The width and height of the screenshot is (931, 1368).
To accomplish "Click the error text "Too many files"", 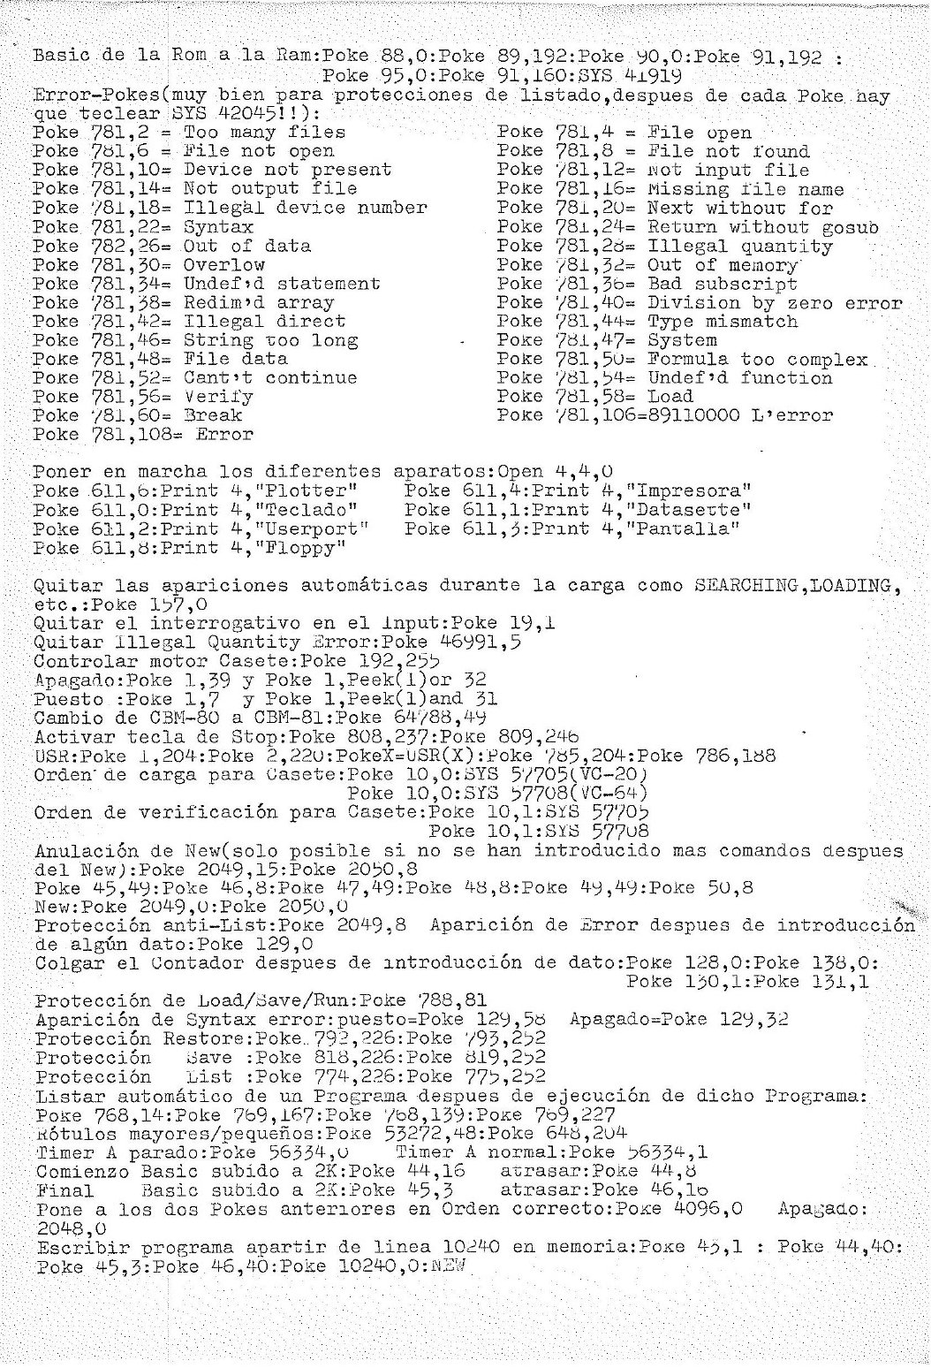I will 264,133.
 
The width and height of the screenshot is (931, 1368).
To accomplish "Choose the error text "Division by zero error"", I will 776,303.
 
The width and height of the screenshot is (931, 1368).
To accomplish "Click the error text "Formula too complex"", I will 758,359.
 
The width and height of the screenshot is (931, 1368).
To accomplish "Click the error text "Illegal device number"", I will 305,209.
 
